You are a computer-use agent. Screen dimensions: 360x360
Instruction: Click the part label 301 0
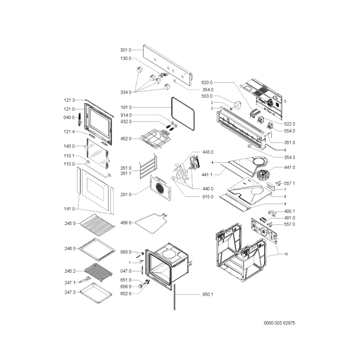pos(126,50)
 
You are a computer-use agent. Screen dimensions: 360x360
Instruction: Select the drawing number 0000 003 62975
pos(279,323)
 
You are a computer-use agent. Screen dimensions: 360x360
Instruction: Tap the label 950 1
pos(207,294)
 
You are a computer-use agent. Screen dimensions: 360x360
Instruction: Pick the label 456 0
pos(126,223)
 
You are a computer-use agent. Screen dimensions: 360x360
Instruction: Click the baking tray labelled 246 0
pos(97,249)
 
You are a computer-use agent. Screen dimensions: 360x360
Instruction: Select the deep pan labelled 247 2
pos(96,293)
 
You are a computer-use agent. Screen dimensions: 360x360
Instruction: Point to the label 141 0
pos(69,209)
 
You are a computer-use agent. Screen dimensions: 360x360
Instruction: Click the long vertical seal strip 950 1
pos(175,297)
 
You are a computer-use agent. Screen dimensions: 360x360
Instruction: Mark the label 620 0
pos(207,82)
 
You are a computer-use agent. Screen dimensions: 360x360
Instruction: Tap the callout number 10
pos(286,254)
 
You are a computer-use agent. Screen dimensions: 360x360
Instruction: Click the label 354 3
pos(289,157)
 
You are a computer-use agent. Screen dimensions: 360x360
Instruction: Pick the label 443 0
pos(208,152)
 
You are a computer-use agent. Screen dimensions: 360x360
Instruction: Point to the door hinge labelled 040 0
pos(80,119)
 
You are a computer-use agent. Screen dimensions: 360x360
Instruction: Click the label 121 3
pos(69,100)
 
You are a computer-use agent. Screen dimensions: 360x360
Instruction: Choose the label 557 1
pos(289,183)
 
